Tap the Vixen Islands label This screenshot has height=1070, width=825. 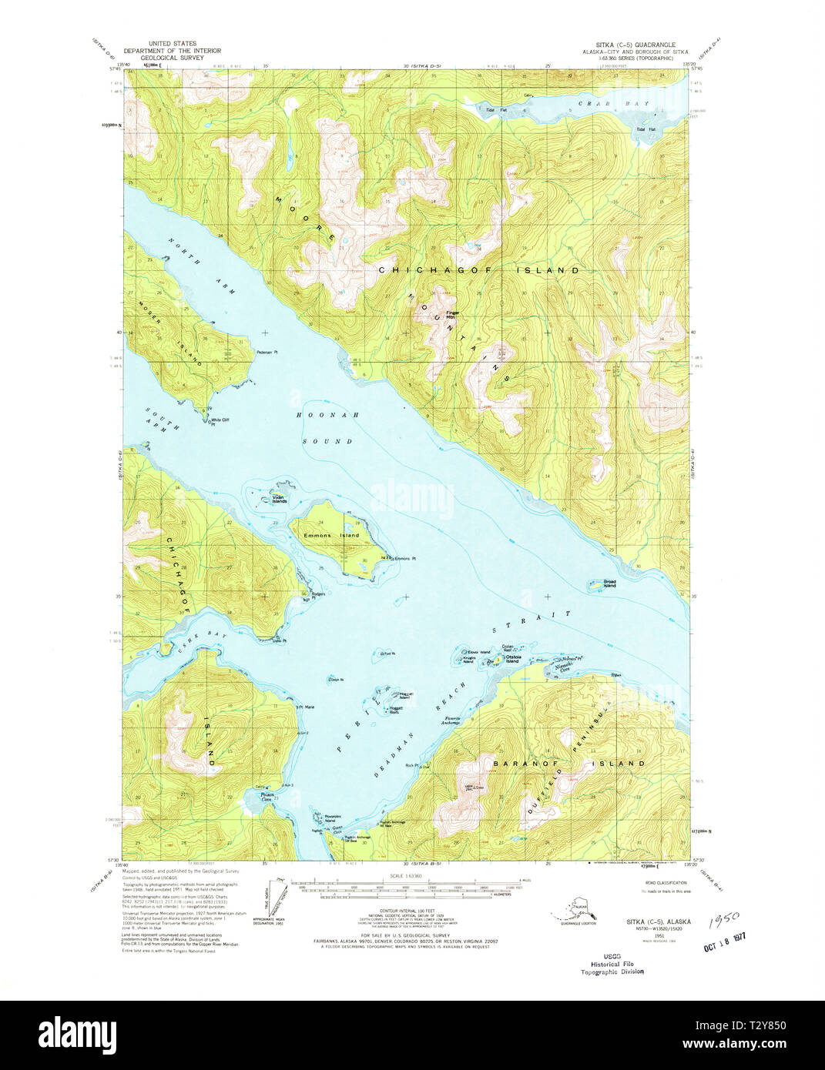point(278,499)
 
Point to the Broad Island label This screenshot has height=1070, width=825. point(609,583)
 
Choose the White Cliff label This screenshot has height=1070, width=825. point(220,420)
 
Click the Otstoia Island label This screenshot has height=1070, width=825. point(511,659)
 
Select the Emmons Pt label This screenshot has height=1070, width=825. point(404,558)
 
